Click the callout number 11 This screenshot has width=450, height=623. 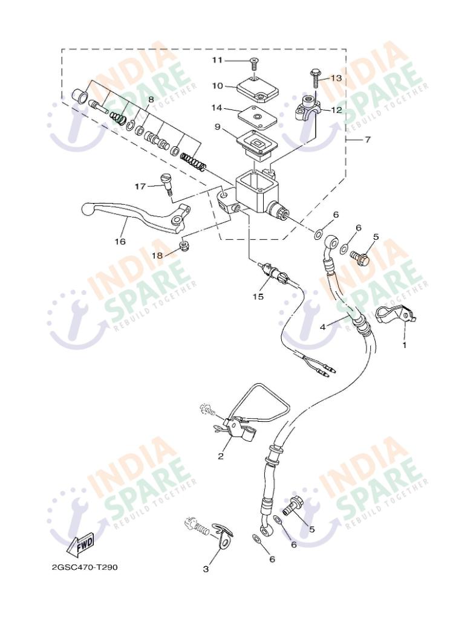click(218, 60)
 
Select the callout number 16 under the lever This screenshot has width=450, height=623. click(120, 241)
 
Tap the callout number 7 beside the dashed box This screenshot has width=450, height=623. click(367, 140)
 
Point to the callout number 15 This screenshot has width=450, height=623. click(258, 296)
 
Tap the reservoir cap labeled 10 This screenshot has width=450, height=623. click(256, 89)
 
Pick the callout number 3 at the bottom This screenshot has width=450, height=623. click(206, 569)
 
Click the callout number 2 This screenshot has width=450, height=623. click(221, 456)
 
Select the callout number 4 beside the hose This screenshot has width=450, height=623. click(323, 326)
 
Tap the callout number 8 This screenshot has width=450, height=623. click(151, 99)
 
